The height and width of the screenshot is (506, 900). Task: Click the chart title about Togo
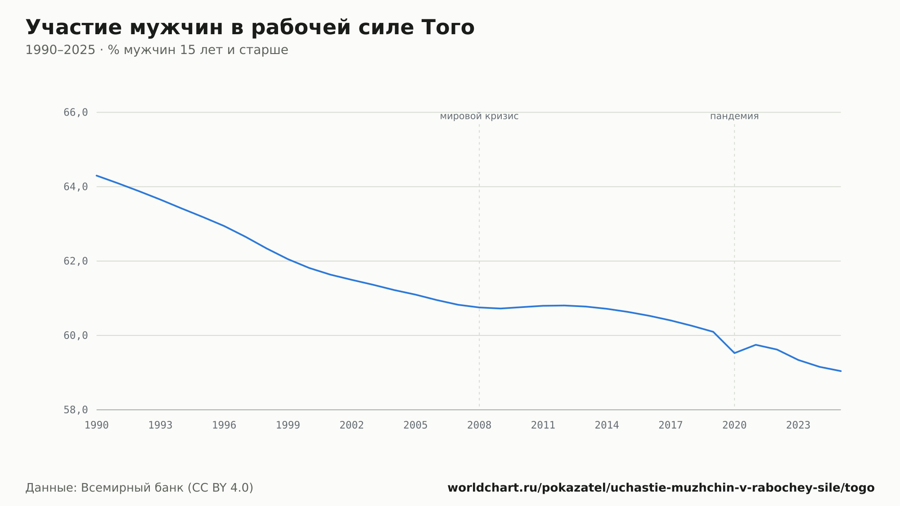250,27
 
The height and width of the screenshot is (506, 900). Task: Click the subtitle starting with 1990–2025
157,50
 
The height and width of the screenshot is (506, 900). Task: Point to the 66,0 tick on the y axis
76,113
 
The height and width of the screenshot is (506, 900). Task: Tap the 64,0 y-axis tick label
76,187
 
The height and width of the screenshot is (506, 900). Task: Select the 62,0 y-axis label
76,261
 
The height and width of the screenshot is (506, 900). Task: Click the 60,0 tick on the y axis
76,335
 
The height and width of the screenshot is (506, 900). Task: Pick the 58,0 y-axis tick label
76,410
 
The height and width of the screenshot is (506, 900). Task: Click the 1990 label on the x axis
97,425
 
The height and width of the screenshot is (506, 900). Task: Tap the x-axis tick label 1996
224,425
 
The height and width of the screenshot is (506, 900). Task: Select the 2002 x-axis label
352,425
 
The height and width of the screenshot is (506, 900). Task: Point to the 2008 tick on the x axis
479,425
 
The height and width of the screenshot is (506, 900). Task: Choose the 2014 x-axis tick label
607,425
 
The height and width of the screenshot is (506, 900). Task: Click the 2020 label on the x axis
734,425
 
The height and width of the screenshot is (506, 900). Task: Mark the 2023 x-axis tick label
798,425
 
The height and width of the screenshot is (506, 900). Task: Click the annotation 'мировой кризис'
479,117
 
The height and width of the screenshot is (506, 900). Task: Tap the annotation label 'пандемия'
734,117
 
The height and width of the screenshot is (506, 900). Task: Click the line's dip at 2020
734,353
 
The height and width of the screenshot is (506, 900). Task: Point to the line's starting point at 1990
97,176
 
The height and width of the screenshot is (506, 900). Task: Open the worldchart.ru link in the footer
661,488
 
